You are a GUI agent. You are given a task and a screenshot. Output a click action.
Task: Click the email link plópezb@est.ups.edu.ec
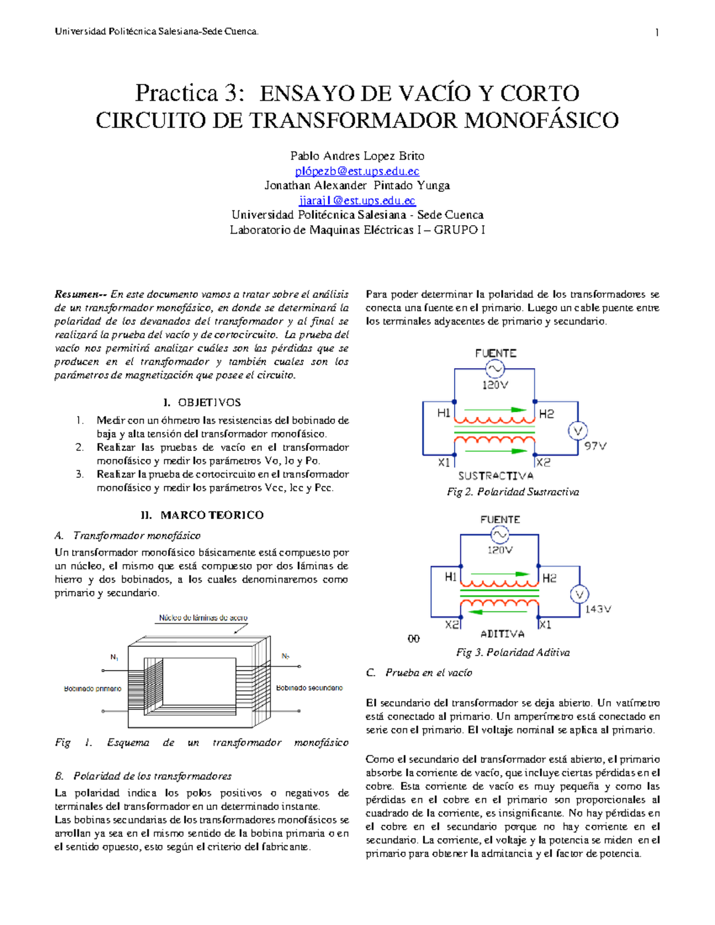pyautogui.click(x=357, y=171)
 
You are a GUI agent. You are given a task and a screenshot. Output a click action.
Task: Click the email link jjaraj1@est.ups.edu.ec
pyautogui.click(x=357, y=201)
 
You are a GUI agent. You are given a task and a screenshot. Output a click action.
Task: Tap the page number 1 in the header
pyautogui.click(x=657, y=32)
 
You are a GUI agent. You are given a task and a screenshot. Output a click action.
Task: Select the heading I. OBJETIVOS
pyautogui.click(x=201, y=403)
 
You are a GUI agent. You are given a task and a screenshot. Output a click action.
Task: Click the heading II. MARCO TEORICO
pyautogui.click(x=201, y=515)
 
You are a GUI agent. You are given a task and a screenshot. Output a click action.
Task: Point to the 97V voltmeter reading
pyautogui.click(x=595, y=446)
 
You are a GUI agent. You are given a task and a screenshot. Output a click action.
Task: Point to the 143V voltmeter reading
pyautogui.click(x=598, y=609)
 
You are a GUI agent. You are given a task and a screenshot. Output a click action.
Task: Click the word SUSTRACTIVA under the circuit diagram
pyautogui.click(x=496, y=476)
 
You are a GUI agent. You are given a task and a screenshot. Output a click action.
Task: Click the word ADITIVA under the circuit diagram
pyautogui.click(x=502, y=634)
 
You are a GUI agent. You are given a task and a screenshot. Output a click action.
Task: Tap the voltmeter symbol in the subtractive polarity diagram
pyautogui.click(x=577, y=431)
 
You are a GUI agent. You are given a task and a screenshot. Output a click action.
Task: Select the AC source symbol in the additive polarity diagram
pyautogui.click(x=499, y=534)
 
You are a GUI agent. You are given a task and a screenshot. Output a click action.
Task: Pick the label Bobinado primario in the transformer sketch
pyautogui.click(x=92, y=689)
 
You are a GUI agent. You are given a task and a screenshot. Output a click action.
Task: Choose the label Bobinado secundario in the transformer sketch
pyautogui.click(x=309, y=688)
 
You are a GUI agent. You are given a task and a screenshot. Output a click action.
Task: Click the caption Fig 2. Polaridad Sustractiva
pyautogui.click(x=512, y=492)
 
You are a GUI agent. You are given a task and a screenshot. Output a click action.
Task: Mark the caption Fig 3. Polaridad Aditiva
pyautogui.click(x=512, y=653)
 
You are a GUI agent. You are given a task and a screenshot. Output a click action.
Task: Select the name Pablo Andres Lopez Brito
pyautogui.click(x=357, y=156)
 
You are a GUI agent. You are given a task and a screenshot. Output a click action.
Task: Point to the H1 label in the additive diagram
pyautogui.click(x=450, y=577)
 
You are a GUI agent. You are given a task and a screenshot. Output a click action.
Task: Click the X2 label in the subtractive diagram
pyautogui.click(x=543, y=462)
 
